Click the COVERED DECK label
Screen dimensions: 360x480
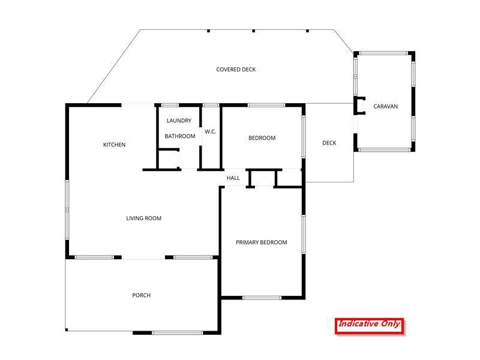click(236, 70)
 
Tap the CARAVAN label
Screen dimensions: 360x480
click(385, 107)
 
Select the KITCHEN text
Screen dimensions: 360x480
click(114, 145)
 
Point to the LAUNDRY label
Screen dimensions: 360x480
click(179, 121)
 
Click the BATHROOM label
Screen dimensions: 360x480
click(180, 136)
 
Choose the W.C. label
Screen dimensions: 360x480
click(210, 131)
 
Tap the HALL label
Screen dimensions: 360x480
click(233, 178)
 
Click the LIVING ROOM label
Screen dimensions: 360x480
click(143, 218)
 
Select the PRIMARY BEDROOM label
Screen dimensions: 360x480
click(261, 242)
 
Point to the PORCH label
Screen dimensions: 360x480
click(142, 295)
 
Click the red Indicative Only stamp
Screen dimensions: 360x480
click(369, 325)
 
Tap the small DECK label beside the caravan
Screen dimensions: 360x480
click(329, 143)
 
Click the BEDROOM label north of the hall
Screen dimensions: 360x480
click(262, 138)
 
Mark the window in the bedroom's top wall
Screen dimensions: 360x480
click(266, 106)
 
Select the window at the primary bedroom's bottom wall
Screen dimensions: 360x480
click(262, 298)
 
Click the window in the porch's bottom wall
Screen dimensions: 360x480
click(169, 332)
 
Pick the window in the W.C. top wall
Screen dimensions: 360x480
click(210, 106)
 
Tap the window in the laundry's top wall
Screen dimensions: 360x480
click(170, 106)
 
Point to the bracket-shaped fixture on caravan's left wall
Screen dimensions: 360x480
click(361, 106)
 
